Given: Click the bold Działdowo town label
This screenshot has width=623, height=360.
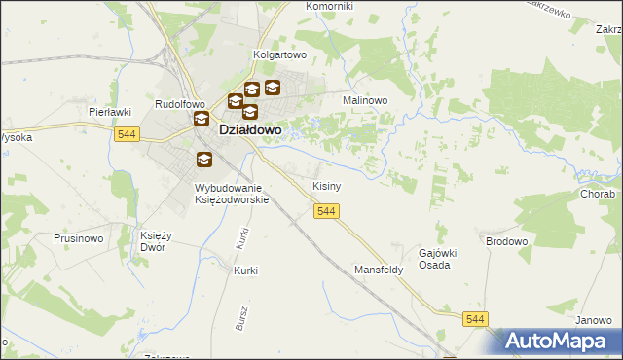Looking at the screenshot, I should pos(250,127).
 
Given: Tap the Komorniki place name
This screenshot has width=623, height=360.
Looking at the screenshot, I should pos(329,6).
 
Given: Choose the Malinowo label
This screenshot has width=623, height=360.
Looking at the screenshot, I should pos(365,100).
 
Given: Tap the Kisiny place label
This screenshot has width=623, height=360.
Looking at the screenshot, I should pos(326,185).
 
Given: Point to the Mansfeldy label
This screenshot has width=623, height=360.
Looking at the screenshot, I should pos(379,270).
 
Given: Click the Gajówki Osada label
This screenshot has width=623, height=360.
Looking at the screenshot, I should pos(437,259).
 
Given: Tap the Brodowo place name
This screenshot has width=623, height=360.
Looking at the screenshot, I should pos(506,239).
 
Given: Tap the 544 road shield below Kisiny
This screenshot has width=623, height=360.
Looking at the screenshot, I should pos(326,211).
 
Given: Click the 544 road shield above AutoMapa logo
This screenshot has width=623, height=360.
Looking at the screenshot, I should pos(475,319).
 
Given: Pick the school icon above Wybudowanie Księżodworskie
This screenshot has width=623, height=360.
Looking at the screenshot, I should pos(203,161).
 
